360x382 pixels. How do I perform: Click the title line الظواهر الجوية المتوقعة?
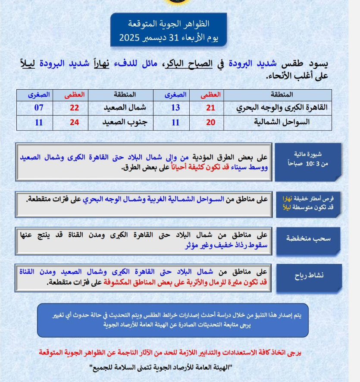tap(169, 23)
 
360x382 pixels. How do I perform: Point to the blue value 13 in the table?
tap(175, 108)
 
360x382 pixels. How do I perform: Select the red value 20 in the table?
tap(210, 122)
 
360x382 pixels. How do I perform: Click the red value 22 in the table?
tap(75, 108)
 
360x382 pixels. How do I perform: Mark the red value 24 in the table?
tap(75, 122)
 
